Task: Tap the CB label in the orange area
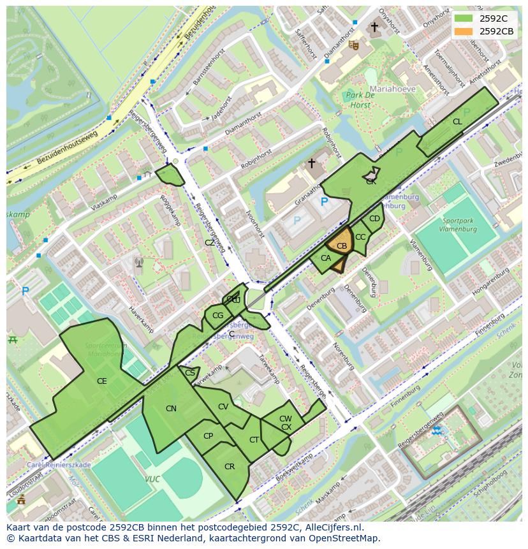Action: point(342,246)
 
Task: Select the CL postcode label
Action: point(457,122)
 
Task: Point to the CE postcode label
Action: point(101,381)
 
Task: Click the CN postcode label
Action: point(171,409)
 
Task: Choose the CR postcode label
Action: point(230,467)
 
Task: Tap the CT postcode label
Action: point(254,440)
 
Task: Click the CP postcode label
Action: point(208,436)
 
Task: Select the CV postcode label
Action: point(223,407)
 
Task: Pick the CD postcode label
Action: point(374,219)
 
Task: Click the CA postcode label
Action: point(325,258)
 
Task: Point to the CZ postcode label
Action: point(210,243)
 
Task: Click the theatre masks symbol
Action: point(353,45)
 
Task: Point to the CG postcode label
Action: point(218,316)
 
